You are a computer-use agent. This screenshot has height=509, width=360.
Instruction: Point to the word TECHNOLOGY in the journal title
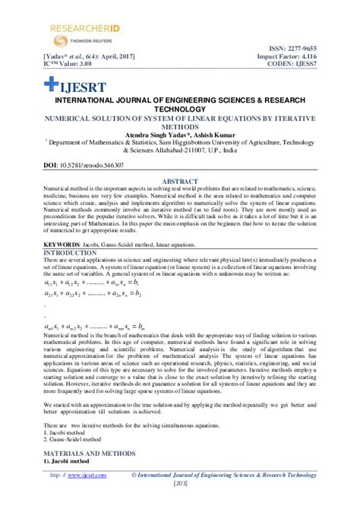(x=180, y=109)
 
